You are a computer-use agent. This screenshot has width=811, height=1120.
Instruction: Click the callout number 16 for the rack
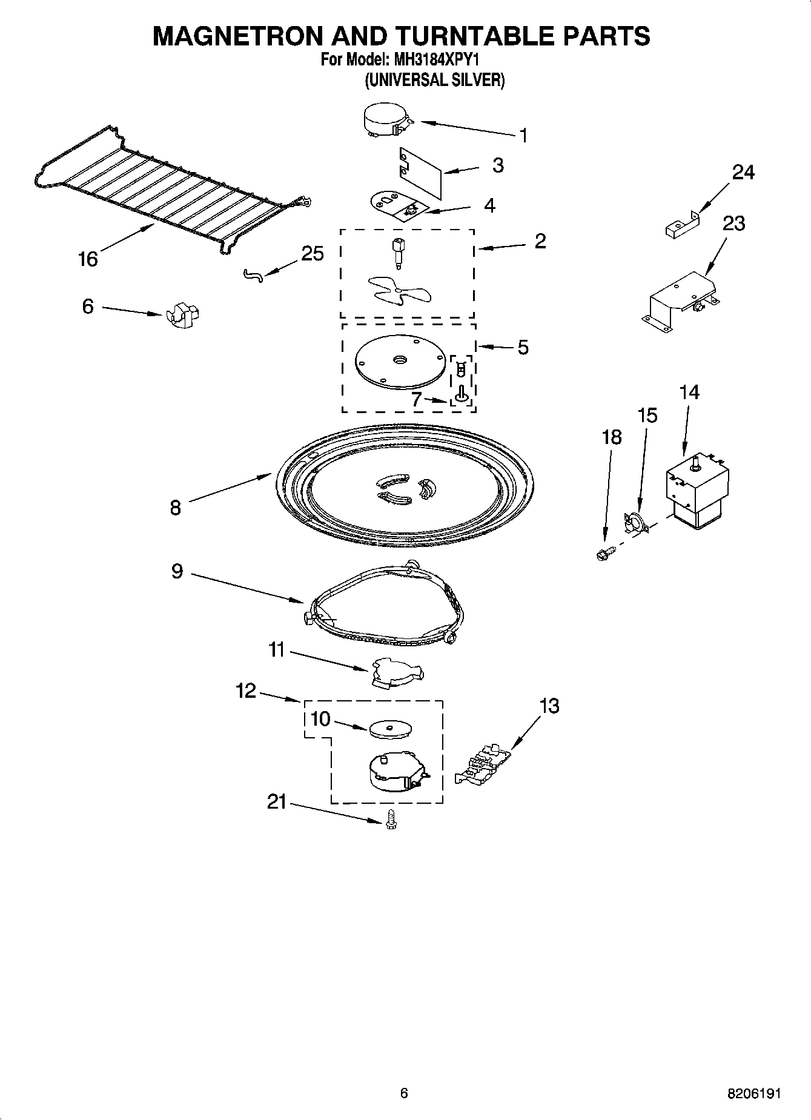(x=88, y=259)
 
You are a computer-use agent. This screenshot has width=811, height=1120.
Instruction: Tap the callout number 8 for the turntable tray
(x=175, y=508)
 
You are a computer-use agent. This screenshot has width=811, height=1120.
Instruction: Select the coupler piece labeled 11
(x=397, y=673)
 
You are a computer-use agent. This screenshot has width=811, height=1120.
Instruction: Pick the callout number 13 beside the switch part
(x=549, y=706)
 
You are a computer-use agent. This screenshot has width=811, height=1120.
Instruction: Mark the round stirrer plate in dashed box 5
(x=399, y=362)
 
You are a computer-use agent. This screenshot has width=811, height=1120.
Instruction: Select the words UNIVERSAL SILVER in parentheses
(x=434, y=80)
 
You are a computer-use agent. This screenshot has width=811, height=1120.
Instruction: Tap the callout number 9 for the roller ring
(x=176, y=571)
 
